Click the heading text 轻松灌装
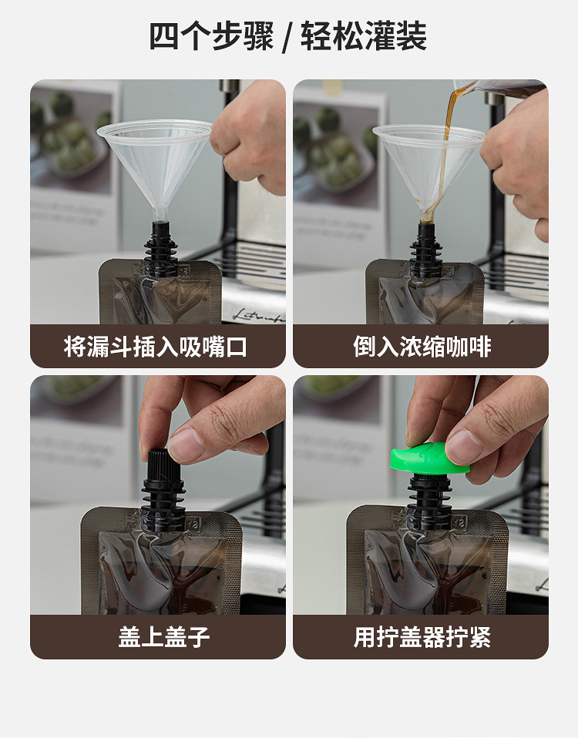coord(364,36)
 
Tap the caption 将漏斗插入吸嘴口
coord(157,347)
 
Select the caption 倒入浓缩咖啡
coord(421,347)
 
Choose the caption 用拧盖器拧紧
coord(422,637)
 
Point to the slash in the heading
coord(287,37)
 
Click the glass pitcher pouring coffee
coord(509,87)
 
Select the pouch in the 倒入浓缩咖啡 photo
coord(424,293)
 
